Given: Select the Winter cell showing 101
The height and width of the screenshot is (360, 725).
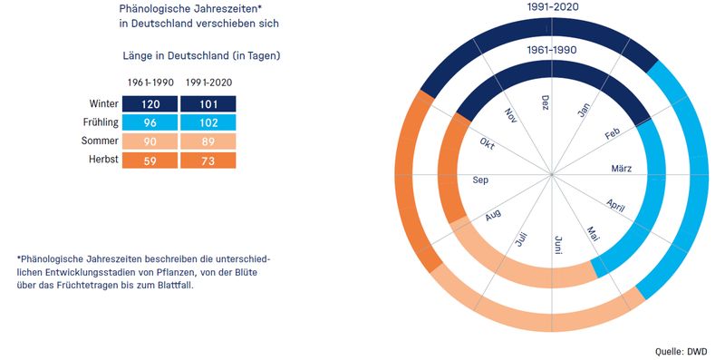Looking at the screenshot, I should pos(208,104).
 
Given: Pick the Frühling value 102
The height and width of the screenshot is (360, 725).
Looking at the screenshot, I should pos(208,122).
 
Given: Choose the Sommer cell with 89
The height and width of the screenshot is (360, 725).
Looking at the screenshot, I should pos(208,141).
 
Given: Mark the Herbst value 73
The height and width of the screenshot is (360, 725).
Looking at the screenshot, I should pos(208,161).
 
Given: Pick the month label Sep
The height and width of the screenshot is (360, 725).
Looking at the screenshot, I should pos(480,180).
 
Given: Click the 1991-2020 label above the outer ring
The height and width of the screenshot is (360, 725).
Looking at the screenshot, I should pos(553,7).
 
